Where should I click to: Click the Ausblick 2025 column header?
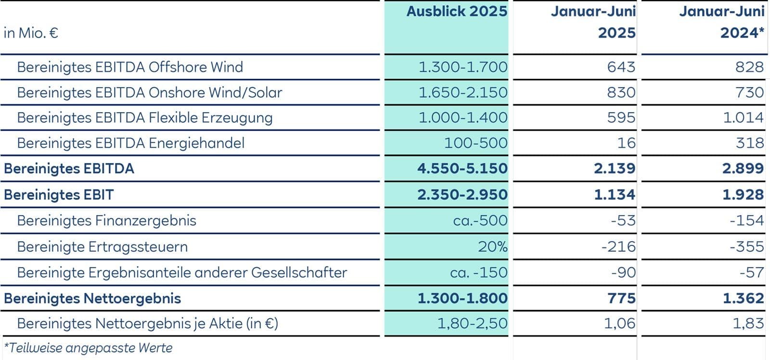[457, 12]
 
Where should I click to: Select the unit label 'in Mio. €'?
[31, 33]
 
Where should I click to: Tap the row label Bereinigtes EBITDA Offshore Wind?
[130, 67]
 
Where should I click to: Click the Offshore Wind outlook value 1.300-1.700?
[462, 67]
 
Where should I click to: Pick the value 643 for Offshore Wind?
[621, 67]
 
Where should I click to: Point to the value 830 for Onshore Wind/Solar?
[621, 92]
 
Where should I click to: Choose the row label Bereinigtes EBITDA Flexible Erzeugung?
[145, 118]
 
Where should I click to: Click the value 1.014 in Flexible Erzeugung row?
[743, 118]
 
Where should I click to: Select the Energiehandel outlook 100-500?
[475, 143]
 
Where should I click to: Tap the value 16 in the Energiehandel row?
[626, 143]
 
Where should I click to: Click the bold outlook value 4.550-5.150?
[462, 168]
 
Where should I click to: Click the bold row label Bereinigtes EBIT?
[59, 195]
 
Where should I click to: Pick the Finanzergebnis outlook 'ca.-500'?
[480, 220]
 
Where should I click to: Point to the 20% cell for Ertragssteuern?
[492, 247]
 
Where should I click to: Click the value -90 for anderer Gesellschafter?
[623, 273]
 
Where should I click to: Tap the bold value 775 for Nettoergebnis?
[621, 298]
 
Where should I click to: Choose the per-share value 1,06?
[619, 323]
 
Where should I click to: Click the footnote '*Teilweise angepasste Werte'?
[88, 348]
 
